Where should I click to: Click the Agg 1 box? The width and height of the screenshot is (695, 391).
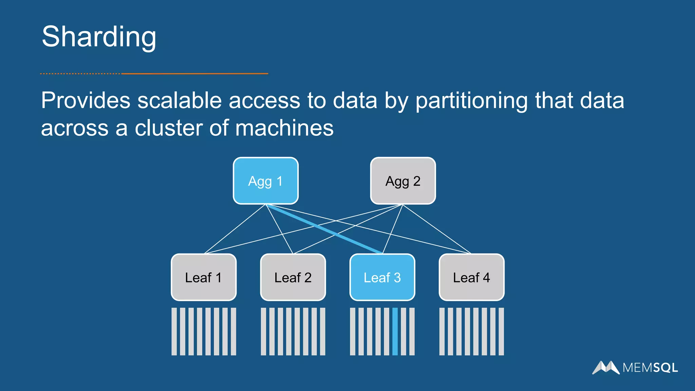pyautogui.click(x=266, y=181)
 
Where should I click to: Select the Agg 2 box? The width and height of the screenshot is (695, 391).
pyautogui.click(x=403, y=181)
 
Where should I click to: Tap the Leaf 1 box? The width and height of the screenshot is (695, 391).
pyautogui.click(x=204, y=277)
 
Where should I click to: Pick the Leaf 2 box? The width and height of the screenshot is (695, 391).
pyautogui.click(x=293, y=277)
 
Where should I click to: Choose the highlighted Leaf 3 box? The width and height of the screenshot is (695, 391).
pyautogui.click(x=382, y=277)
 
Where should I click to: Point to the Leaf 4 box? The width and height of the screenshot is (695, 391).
pyautogui.click(x=471, y=277)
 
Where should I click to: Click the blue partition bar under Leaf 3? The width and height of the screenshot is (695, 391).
pyautogui.click(x=395, y=331)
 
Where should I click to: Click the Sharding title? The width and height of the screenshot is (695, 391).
pyautogui.click(x=99, y=37)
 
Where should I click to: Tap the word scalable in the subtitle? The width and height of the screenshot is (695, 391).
pyautogui.click(x=180, y=100)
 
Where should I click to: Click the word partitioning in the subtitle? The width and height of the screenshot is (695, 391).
pyautogui.click(x=472, y=101)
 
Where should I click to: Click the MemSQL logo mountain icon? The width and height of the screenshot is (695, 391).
pyautogui.click(x=606, y=367)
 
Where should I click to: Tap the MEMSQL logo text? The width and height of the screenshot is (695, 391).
pyautogui.click(x=650, y=368)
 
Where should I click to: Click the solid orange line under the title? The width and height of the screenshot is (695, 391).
pyautogui.click(x=195, y=73)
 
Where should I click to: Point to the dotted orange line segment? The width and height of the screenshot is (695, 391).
pyautogui.click(x=80, y=73)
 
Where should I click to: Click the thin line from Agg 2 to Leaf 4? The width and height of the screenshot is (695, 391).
pyautogui.click(x=437, y=229)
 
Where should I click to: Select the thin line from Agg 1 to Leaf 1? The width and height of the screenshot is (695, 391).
pyautogui.click(x=235, y=229)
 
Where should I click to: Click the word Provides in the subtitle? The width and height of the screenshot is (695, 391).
pyautogui.click(x=86, y=100)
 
